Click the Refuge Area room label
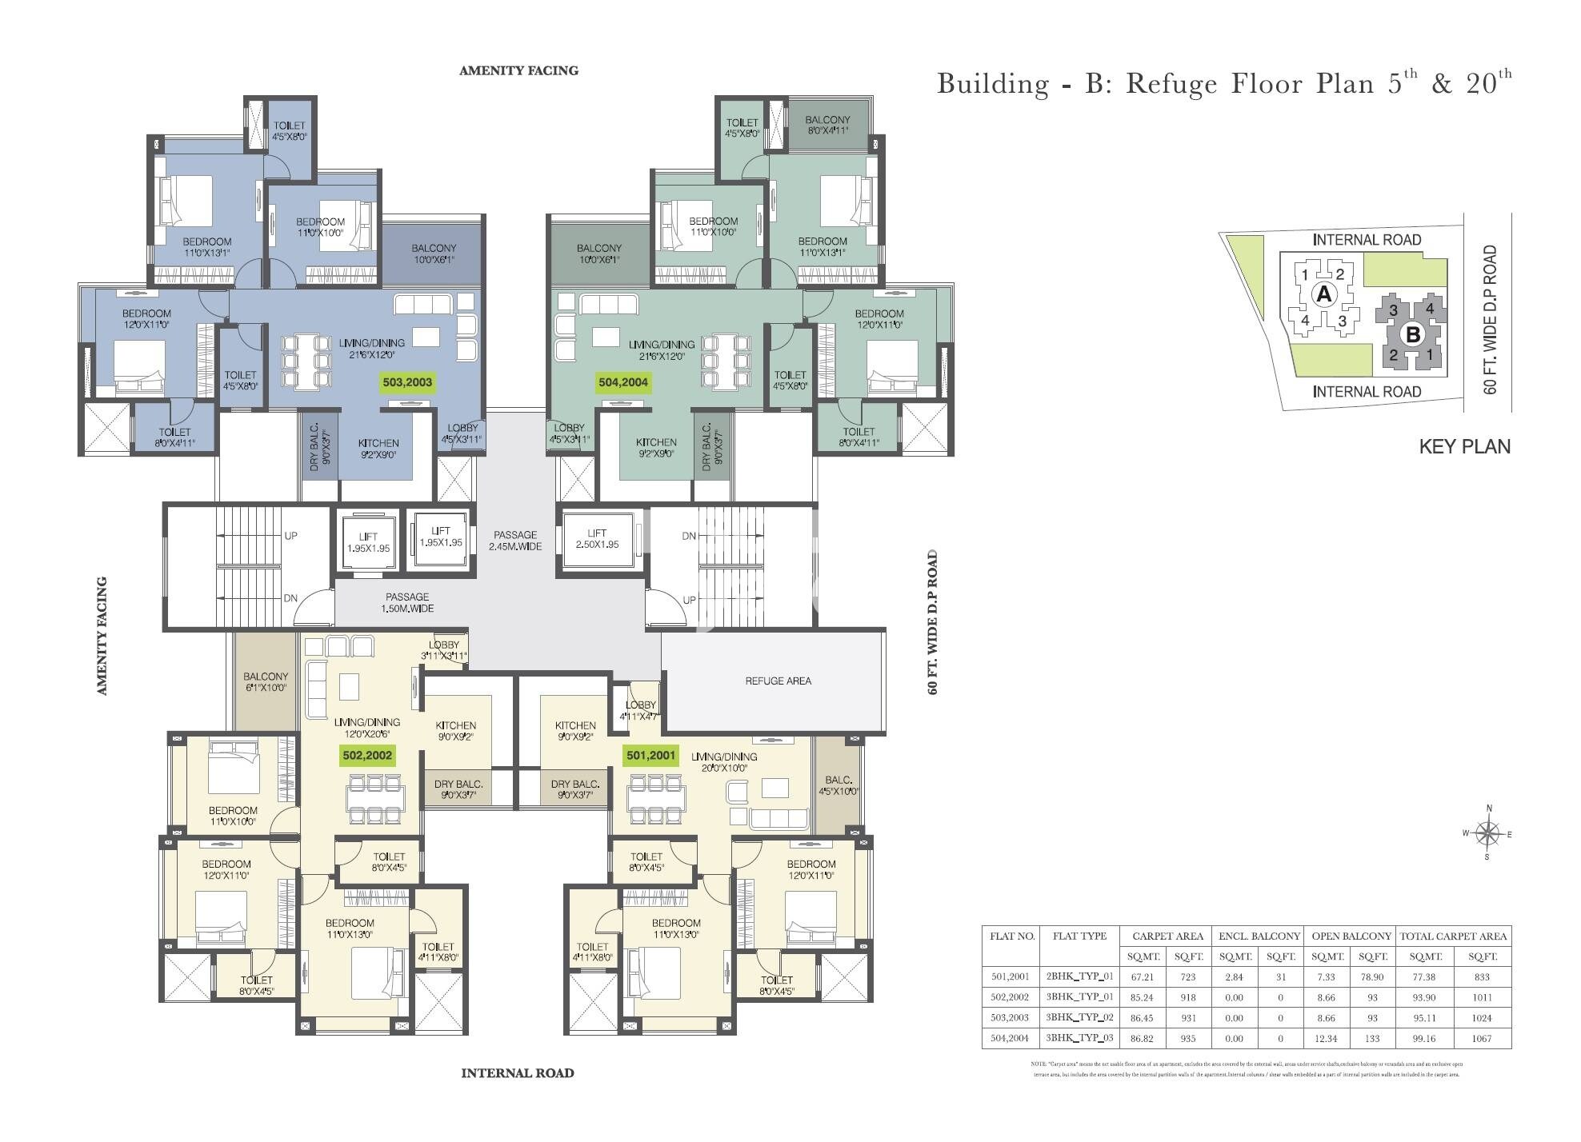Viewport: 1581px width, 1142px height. click(x=778, y=681)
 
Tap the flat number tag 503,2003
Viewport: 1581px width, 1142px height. click(x=407, y=382)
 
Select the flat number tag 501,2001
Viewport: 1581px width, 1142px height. click(x=650, y=755)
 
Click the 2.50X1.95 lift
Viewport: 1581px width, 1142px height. click(x=597, y=539)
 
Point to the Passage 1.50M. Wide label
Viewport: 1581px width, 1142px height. click(x=406, y=602)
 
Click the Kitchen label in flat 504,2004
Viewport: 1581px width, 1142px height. click(x=656, y=442)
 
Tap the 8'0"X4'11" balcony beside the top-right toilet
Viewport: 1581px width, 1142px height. click(x=827, y=125)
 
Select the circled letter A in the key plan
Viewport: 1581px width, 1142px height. click(x=1324, y=294)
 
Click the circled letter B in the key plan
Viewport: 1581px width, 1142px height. click(x=1413, y=334)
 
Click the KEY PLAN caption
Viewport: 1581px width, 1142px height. click(x=1464, y=446)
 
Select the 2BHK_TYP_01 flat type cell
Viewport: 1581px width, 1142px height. click(x=1079, y=976)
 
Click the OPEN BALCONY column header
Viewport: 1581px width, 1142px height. click(x=1351, y=936)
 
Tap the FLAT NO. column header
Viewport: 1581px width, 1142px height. click(x=1012, y=936)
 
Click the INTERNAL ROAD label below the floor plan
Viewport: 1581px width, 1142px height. click(x=518, y=1073)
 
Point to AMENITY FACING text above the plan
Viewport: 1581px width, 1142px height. click(x=518, y=70)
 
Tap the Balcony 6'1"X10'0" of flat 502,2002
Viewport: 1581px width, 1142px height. click(x=266, y=681)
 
